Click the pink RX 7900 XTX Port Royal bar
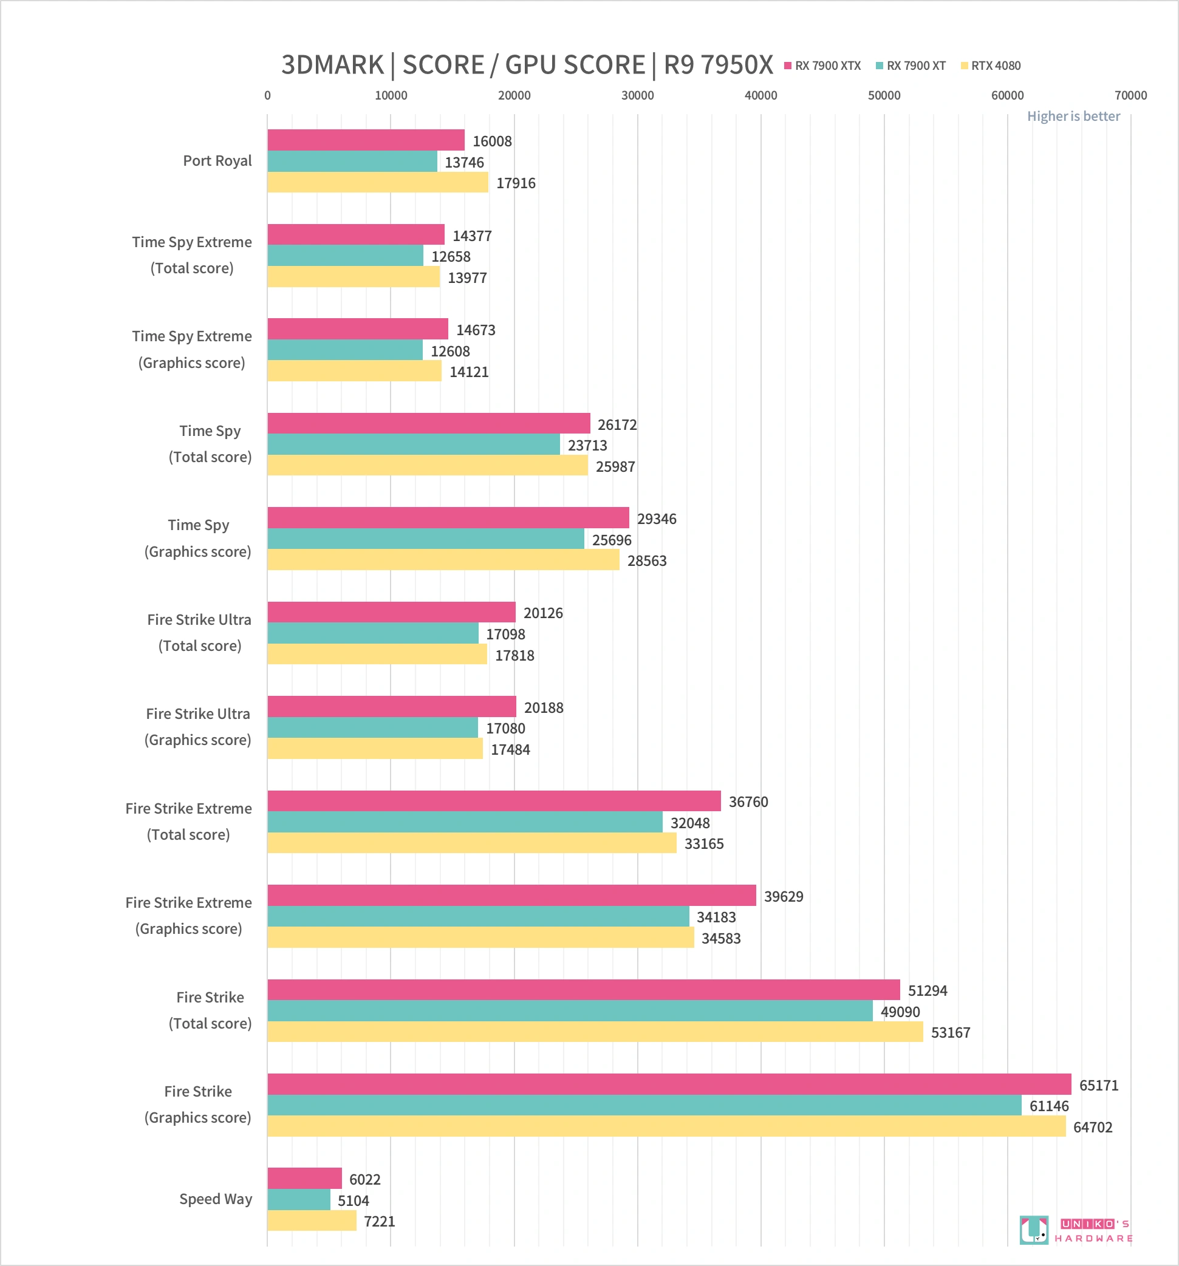tap(366, 140)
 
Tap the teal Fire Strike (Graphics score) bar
tap(644, 1106)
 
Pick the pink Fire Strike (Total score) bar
tap(584, 990)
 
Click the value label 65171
tap(1099, 1085)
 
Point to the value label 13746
tap(464, 162)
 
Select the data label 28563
tap(647, 561)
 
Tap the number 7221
tap(380, 1222)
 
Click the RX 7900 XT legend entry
tap(911, 66)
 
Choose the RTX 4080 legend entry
tap(991, 66)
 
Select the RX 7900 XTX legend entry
tap(823, 66)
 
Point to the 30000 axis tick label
tap(638, 95)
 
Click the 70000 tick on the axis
tap(1130, 95)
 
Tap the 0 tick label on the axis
tap(267, 95)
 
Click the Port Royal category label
tap(217, 160)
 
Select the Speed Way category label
tap(216, 1199)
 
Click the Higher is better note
tap(1073, 116)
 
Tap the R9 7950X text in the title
tap(719, 65)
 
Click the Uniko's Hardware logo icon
tap(1033, 1230)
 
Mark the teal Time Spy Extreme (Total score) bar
tap(345, 256)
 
